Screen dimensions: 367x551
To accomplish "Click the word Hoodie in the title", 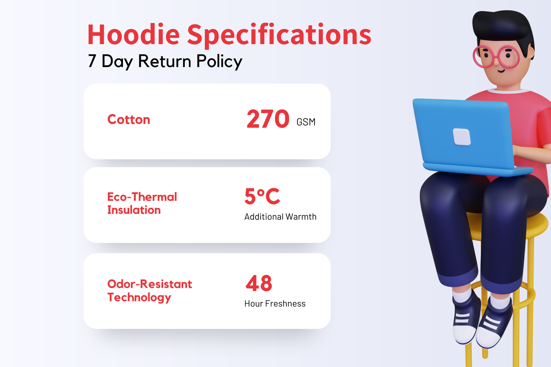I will (x=133, y=35).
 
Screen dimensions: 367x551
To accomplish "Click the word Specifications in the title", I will (x=279, y=35).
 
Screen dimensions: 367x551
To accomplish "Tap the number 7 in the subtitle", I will (x=92, y=61).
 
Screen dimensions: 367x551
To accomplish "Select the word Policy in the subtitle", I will (x=219, y=62).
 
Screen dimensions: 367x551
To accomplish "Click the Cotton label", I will (x=129, y=120).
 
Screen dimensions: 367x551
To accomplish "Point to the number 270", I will (x=268, y=119).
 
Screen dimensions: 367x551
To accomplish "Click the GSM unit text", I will (x=306, y=122).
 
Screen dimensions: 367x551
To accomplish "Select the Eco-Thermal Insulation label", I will (x=142, y=203).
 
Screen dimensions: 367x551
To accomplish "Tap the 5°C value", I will (x=262, y=196).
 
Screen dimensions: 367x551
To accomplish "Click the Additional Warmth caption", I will (x=280, y=217).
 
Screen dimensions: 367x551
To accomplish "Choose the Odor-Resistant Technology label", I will (x=149, y=291).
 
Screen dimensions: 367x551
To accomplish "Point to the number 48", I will (x=259, y=283).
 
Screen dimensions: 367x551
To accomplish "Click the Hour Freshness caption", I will (x=275, y=304).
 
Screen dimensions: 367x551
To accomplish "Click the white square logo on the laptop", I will (x=461, y=137).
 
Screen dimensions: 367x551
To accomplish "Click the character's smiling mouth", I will (x=501, y=71).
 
